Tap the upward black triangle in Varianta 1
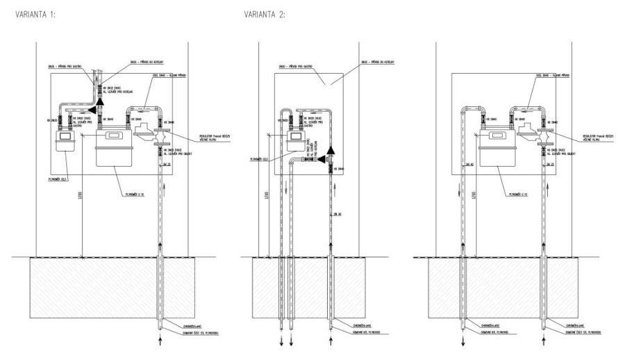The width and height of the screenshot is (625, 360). (99, 101)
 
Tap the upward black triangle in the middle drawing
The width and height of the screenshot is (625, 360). (331, 150)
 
